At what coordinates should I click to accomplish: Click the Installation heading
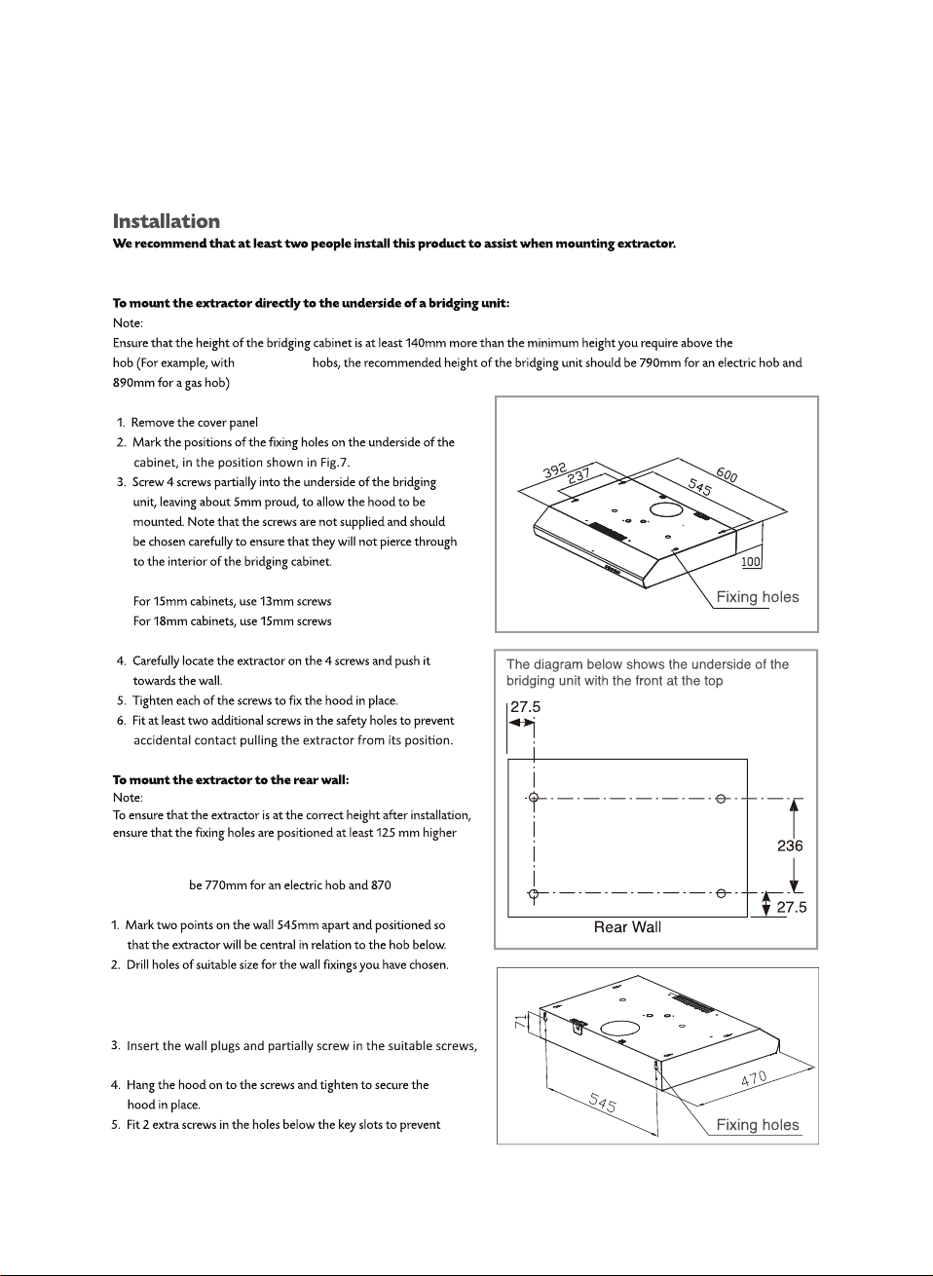pyautogui.click(x=167, y=221)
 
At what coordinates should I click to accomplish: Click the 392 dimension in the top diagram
pyautogui.click(x=555, y=470)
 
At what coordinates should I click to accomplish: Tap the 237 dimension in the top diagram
pyautogui.click(x=579, y=476)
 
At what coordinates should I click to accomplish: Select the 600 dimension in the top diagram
pyautogui.click(x=727, y=473)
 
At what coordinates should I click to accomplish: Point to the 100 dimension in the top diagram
pyautogui.click(x=751, y=562)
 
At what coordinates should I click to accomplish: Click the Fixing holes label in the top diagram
pyautogui.click(x=757, y=597)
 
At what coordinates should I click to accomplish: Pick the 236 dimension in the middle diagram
pyautogui.click(x=790, y=845)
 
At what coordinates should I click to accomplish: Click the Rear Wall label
pyautogui.click(x=627, y=927)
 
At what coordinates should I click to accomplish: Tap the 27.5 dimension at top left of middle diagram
pyautogui.click(x=525, y=707)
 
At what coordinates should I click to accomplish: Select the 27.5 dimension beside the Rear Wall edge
pyautogui.click(x=791, y=907)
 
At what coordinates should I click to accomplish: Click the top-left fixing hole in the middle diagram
pyautogui.click(x=534, y=799)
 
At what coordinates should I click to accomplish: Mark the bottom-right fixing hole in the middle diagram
pyautogui.click(x=721, y=893)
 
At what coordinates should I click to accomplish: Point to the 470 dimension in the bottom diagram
pyautogui.click(x=754, y=1078)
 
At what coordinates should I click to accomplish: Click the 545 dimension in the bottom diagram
pyautogui.click(x=603, y=1103)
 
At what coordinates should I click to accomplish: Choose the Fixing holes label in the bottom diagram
pyautogui.click(x=757, y=1125)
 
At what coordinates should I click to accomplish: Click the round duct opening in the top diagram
pyautogui.click(x=665, y=508)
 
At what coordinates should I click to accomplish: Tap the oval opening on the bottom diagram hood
pyautogui.click(x=619, y=1028)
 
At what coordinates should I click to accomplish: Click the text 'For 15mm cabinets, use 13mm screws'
pyautogui.click(x=232, y=601)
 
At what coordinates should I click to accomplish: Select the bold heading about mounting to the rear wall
pyautogui.click(x=231, y=779)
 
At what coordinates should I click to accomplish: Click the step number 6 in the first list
pyautogui.click(x=122, y=721)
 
